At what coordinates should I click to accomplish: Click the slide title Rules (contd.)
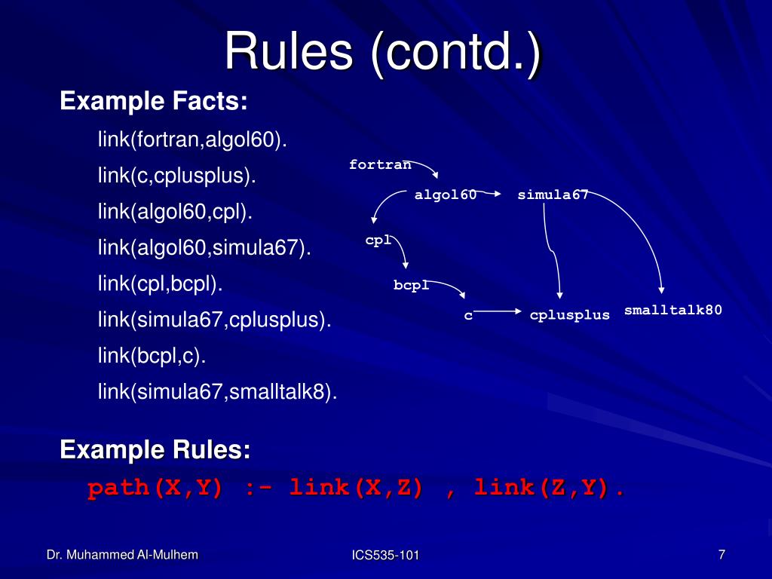(x=383, y=53)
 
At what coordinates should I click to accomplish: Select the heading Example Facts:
(x=154, y=101)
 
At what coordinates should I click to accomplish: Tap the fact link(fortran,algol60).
(x=192, y=140)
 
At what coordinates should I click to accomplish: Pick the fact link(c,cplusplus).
(x=176, y=176)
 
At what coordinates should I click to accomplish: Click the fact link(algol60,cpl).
(x=175, y=213)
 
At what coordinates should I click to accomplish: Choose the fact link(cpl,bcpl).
(x=161, y=284)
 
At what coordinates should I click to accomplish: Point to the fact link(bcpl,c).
(x=152, y=356)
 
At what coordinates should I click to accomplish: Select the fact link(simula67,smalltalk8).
(x=217, y=392)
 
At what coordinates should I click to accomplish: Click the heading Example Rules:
(x=155, y=450)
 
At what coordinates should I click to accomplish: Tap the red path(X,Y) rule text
(x=356, y=489)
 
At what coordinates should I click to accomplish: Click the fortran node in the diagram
(x=380, y=164)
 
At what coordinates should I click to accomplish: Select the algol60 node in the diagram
(x=446, y=195)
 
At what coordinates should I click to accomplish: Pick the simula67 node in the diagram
(x=553, y=195)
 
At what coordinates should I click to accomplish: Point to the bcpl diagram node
(x=411, y=285)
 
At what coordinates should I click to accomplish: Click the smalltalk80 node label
(x=673, y=310)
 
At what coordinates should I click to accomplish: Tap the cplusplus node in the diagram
(x=569, y=315)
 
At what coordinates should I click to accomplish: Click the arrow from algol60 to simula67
(x=490, y=193)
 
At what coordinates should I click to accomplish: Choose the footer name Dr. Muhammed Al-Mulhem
(x=122, y=555)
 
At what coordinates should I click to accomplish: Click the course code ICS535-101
(x=385, y=556)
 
